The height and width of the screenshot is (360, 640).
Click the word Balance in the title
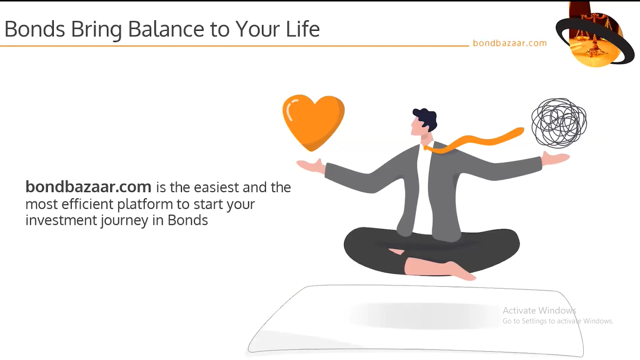point(166,29)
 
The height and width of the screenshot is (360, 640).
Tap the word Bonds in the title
point(35,29)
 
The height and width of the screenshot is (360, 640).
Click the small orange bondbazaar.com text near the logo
point(510,43)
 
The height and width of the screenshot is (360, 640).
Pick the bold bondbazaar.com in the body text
point(88,187)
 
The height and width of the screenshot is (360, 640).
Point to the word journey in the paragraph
point(124,220)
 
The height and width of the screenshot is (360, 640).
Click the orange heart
point(313,121)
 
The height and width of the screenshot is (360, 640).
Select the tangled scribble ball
point(559,123)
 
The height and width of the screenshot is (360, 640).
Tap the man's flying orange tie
point(474,141)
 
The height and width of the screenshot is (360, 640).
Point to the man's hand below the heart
point(311,166)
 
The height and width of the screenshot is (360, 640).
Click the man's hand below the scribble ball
point(555,158)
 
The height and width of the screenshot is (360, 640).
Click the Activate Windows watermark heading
point(539,310)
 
